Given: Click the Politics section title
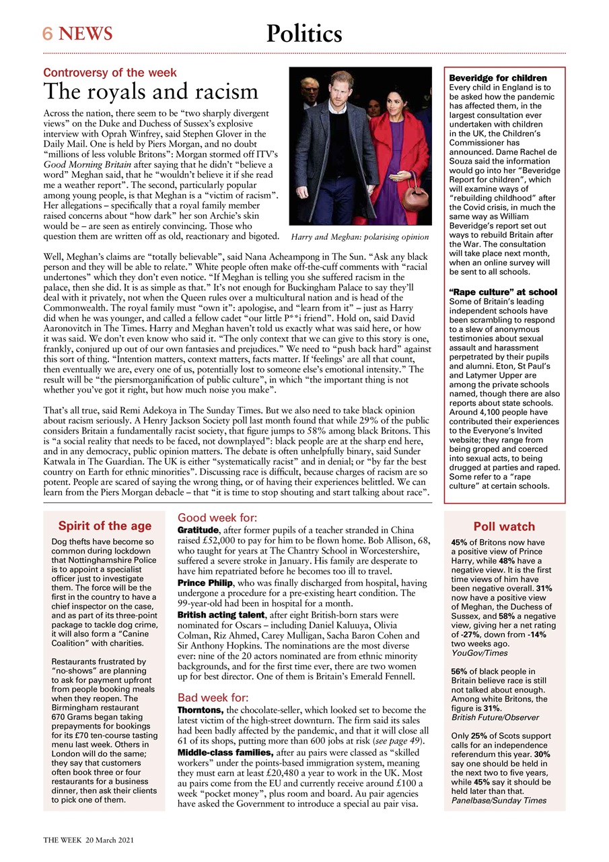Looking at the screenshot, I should coord(304,33).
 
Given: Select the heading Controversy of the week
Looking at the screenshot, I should coord(110,73).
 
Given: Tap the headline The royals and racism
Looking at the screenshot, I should coord(151,92).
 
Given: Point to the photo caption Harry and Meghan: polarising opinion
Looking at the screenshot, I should coord(359,237).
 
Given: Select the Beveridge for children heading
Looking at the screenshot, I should coord(497,78).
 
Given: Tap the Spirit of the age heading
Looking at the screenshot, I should coord(104,526).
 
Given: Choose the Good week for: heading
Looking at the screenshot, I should coord(217,518).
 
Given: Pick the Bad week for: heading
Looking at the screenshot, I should coord(213,698).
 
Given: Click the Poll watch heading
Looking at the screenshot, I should coord(504,527).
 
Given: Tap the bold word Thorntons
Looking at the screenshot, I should coord(200,710).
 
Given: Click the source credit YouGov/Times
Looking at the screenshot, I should coord(480,653).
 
